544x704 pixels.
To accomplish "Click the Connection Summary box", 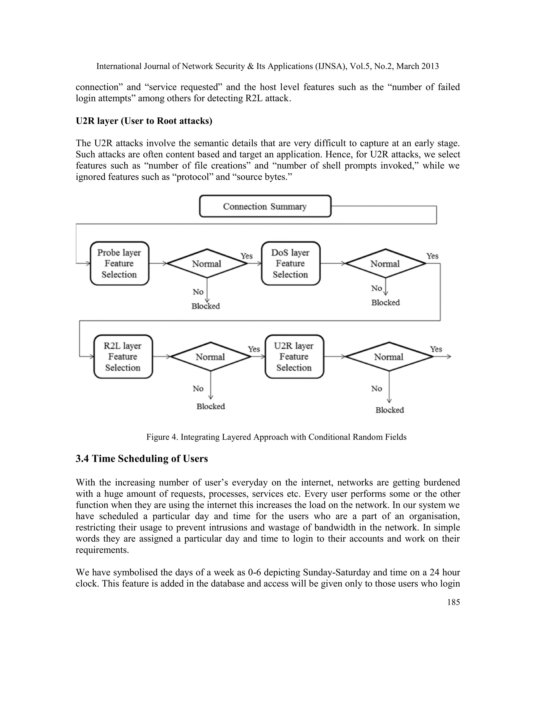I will [x=265, y=206].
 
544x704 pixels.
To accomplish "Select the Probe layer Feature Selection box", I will [x=119, y=263].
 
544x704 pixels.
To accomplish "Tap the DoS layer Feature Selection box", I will [x=290, y=263].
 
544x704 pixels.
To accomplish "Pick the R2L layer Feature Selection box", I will [x=123, y=357].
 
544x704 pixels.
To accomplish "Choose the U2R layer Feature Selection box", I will [x=294, y=357].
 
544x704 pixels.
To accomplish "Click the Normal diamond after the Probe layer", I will [x=207, y=264].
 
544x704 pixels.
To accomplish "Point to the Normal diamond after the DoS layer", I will [x=385, y=264].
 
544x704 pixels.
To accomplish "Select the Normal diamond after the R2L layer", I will [x=210, y=357].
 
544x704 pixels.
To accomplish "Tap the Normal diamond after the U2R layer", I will [x=389, y=357].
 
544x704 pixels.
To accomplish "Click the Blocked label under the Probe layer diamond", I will [x=206, y=306].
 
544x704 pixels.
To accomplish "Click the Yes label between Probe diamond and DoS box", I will [x=246, y=256].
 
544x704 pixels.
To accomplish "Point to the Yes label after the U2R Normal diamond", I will [x=436, y=349].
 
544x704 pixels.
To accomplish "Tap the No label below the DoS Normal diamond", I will [x=376, y=288].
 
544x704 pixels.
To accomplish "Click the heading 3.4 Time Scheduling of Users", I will [x=142, y=459].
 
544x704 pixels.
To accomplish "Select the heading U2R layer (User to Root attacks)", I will [x=144, y=121].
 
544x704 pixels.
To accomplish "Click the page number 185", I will [x=453, y=602].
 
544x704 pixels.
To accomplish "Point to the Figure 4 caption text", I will [x=276, y=437].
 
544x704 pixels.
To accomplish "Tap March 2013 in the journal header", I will [x=417, y=66].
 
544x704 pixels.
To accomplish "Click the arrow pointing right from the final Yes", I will [x=446, y=357].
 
